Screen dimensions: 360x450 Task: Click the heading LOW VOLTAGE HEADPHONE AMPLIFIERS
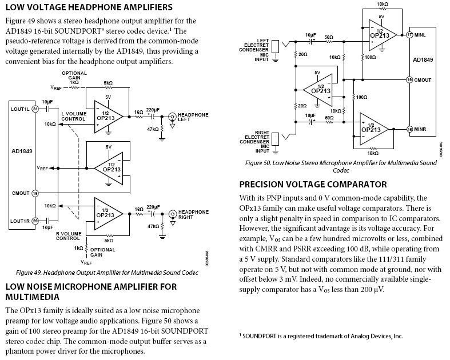point(89,7)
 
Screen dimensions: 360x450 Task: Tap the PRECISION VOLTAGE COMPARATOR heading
point(313,184)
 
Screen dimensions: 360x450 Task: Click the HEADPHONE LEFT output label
point(193,116)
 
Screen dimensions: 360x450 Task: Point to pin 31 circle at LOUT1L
point(35,108)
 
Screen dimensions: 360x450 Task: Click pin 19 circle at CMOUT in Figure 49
point(35,194)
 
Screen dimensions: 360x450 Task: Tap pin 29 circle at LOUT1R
point(35,221)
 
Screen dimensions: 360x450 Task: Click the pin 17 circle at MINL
point(409,35)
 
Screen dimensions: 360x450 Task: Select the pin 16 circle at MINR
point(409,130)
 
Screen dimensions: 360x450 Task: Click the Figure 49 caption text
point(107,273)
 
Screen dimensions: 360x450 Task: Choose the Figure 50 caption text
point(341,166)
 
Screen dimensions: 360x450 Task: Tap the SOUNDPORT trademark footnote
point(321,337)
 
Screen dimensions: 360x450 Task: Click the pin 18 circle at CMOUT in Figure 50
point(409,80)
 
